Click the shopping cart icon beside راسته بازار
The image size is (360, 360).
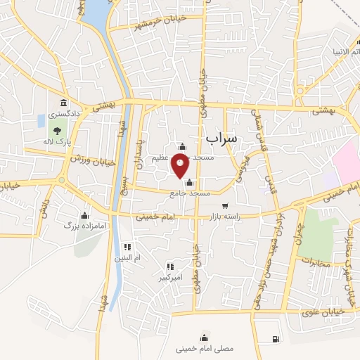point(225,206)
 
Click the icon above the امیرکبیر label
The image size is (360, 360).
point(170,266)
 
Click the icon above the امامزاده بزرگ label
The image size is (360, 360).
point(85,215)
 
